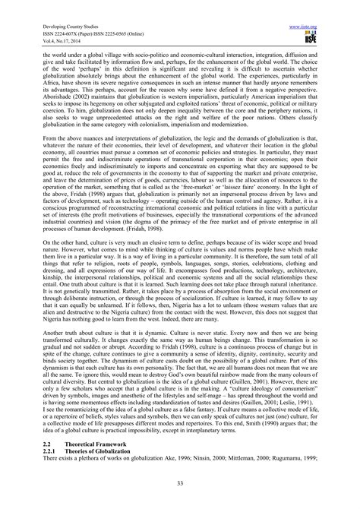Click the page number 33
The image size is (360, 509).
[x=180, y=486]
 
